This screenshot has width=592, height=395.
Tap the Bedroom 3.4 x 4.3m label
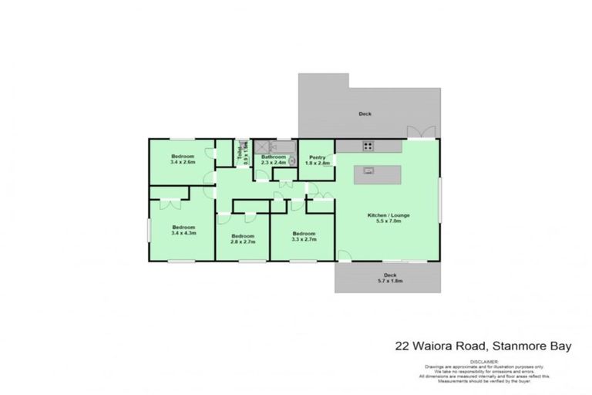pyautogui.click(x=183, y=230)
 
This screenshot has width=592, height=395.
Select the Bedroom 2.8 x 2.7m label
pyautogui.click(x=242, y=238)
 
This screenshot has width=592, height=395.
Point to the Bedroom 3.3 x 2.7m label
pyautogui.click(x=303, y=236)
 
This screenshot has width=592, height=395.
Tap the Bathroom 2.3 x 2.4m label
pyautogui.click(x=273, y=160)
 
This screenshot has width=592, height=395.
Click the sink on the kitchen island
pyautogui.click(x=368, y=171)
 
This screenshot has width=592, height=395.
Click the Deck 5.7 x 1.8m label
pyautogui.click(x=390, y=279)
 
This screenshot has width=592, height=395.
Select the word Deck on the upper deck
pyautogui.click(x=365, y=113)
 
